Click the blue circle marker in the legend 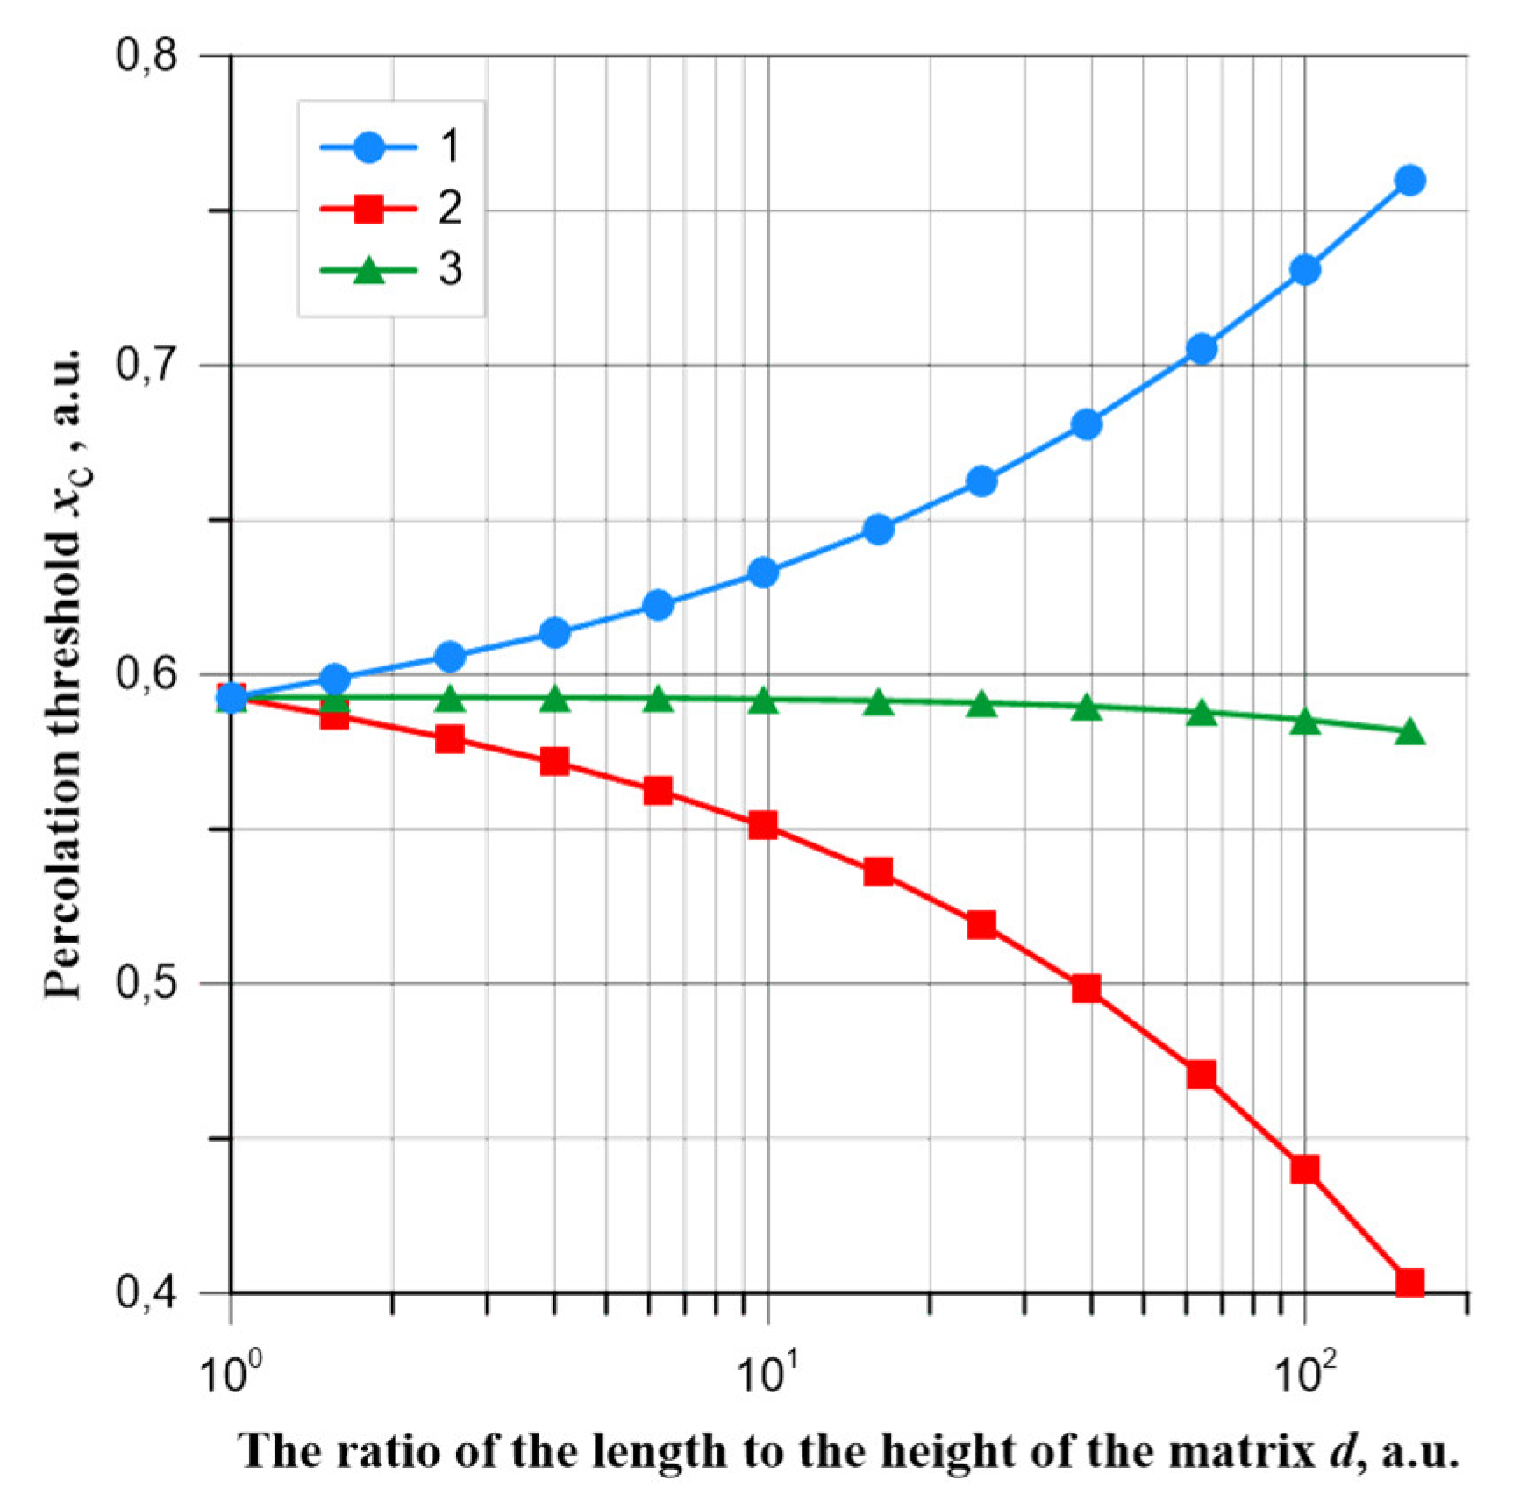click(369, 146)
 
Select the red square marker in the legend click(369, 209)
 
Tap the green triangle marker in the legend click(369, 270)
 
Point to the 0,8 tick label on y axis click(146, 55)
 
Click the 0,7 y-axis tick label click(146, 365)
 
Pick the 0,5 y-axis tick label click(146, 983)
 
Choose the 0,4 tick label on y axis click(146, 1292)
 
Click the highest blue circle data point click(1409, 181)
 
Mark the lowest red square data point click(1409, 1282)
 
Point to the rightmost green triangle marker click(1409, 731)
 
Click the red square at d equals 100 click(1305, 1169)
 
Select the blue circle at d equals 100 click(1305, 269)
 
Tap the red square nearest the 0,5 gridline click(1086, 989)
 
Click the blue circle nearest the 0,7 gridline click(1201, 349)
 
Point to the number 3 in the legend click(450, 268)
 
